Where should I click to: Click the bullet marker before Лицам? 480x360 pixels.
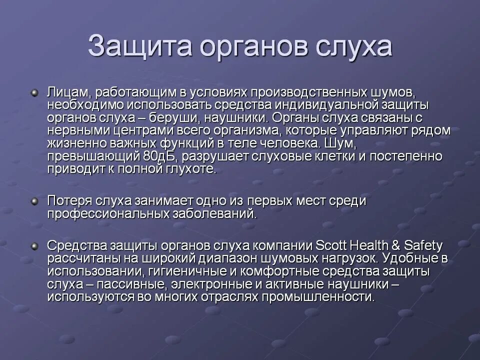point(34,93)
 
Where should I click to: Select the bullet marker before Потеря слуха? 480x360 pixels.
point(34,201)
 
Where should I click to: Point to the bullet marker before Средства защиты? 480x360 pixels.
point(34,246)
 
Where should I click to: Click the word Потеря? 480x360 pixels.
point(68,201)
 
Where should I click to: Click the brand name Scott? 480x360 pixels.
point(334,246)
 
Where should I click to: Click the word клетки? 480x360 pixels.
point(348,156)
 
